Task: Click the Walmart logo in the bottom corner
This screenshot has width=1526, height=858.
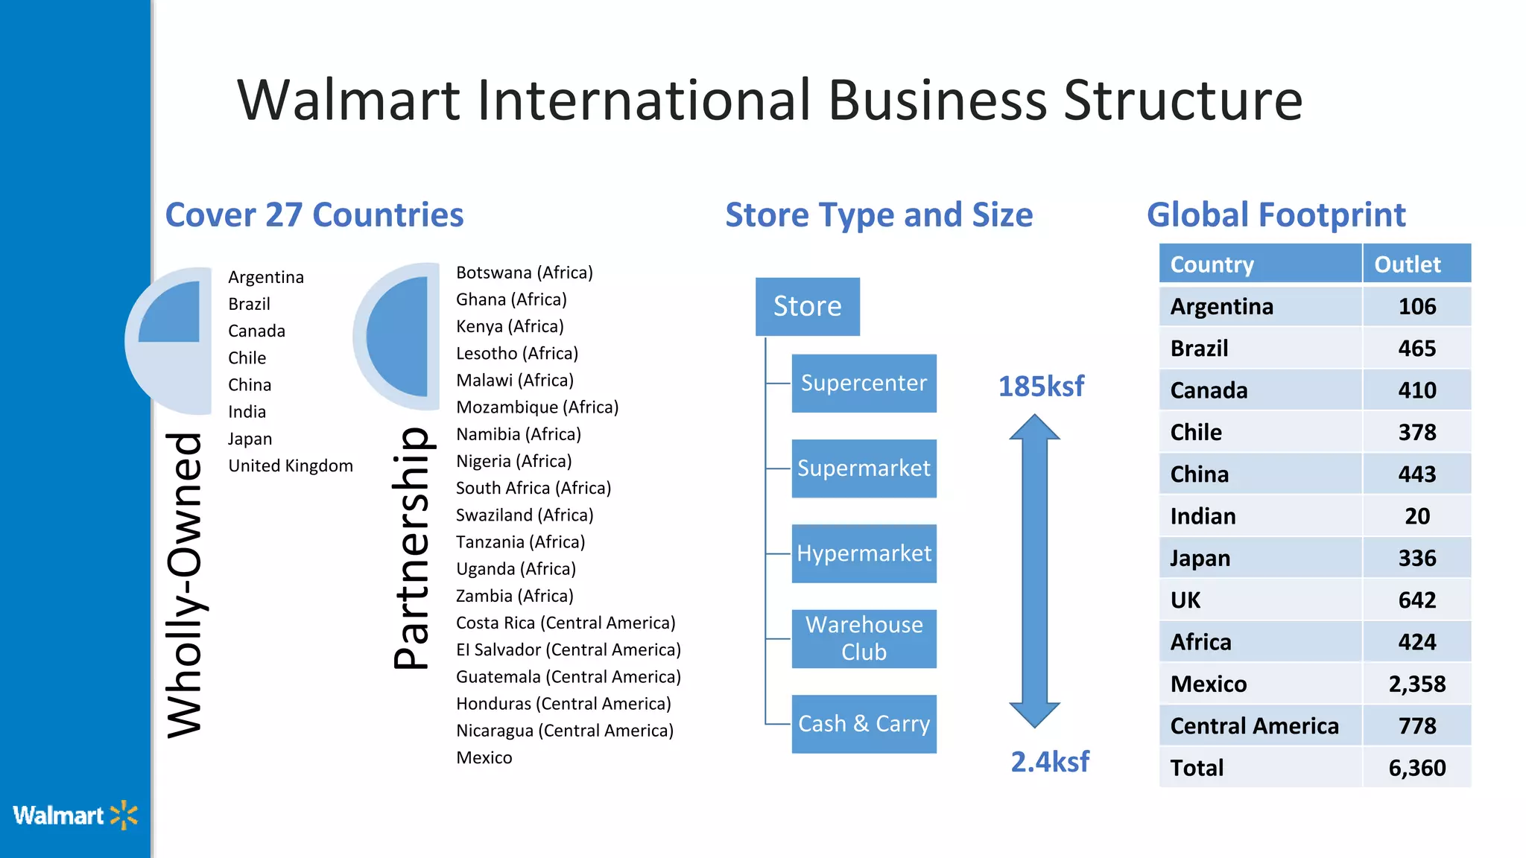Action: tap(75, 816)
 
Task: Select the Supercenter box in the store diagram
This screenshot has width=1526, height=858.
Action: tap(864, 383)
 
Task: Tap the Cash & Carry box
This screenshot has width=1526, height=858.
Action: tap(864, 724)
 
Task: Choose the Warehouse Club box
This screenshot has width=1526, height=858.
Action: tap(864, 638)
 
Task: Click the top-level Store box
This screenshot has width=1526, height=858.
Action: tap(807, 306)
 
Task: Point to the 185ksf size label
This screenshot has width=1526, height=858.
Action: tap(1041, 387)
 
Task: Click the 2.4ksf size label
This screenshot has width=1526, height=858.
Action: tap(1049, 762)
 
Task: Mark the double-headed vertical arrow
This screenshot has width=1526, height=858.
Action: tap(1034, 571)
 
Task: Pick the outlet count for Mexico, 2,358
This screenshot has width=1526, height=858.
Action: tap(1416, 684)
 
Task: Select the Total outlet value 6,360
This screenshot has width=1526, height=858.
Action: tap(1416, 768)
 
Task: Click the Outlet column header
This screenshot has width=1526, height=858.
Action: tap(1407, 264)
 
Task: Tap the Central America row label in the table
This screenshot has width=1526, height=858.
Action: tap(1254, 726)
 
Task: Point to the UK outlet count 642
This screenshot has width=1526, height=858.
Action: tap(1416, 600)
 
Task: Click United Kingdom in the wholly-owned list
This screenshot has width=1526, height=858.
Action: tap(291, 466)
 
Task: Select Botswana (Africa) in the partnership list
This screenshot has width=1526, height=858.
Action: tap(524, 273)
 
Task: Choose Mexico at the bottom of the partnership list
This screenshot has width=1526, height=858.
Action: tap(484, 758)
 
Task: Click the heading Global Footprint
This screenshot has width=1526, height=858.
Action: tap(1276, 215)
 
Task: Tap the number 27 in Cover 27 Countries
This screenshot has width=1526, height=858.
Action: tap(284, 215)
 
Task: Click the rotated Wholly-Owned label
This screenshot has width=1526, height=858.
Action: tap(184, 585)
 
